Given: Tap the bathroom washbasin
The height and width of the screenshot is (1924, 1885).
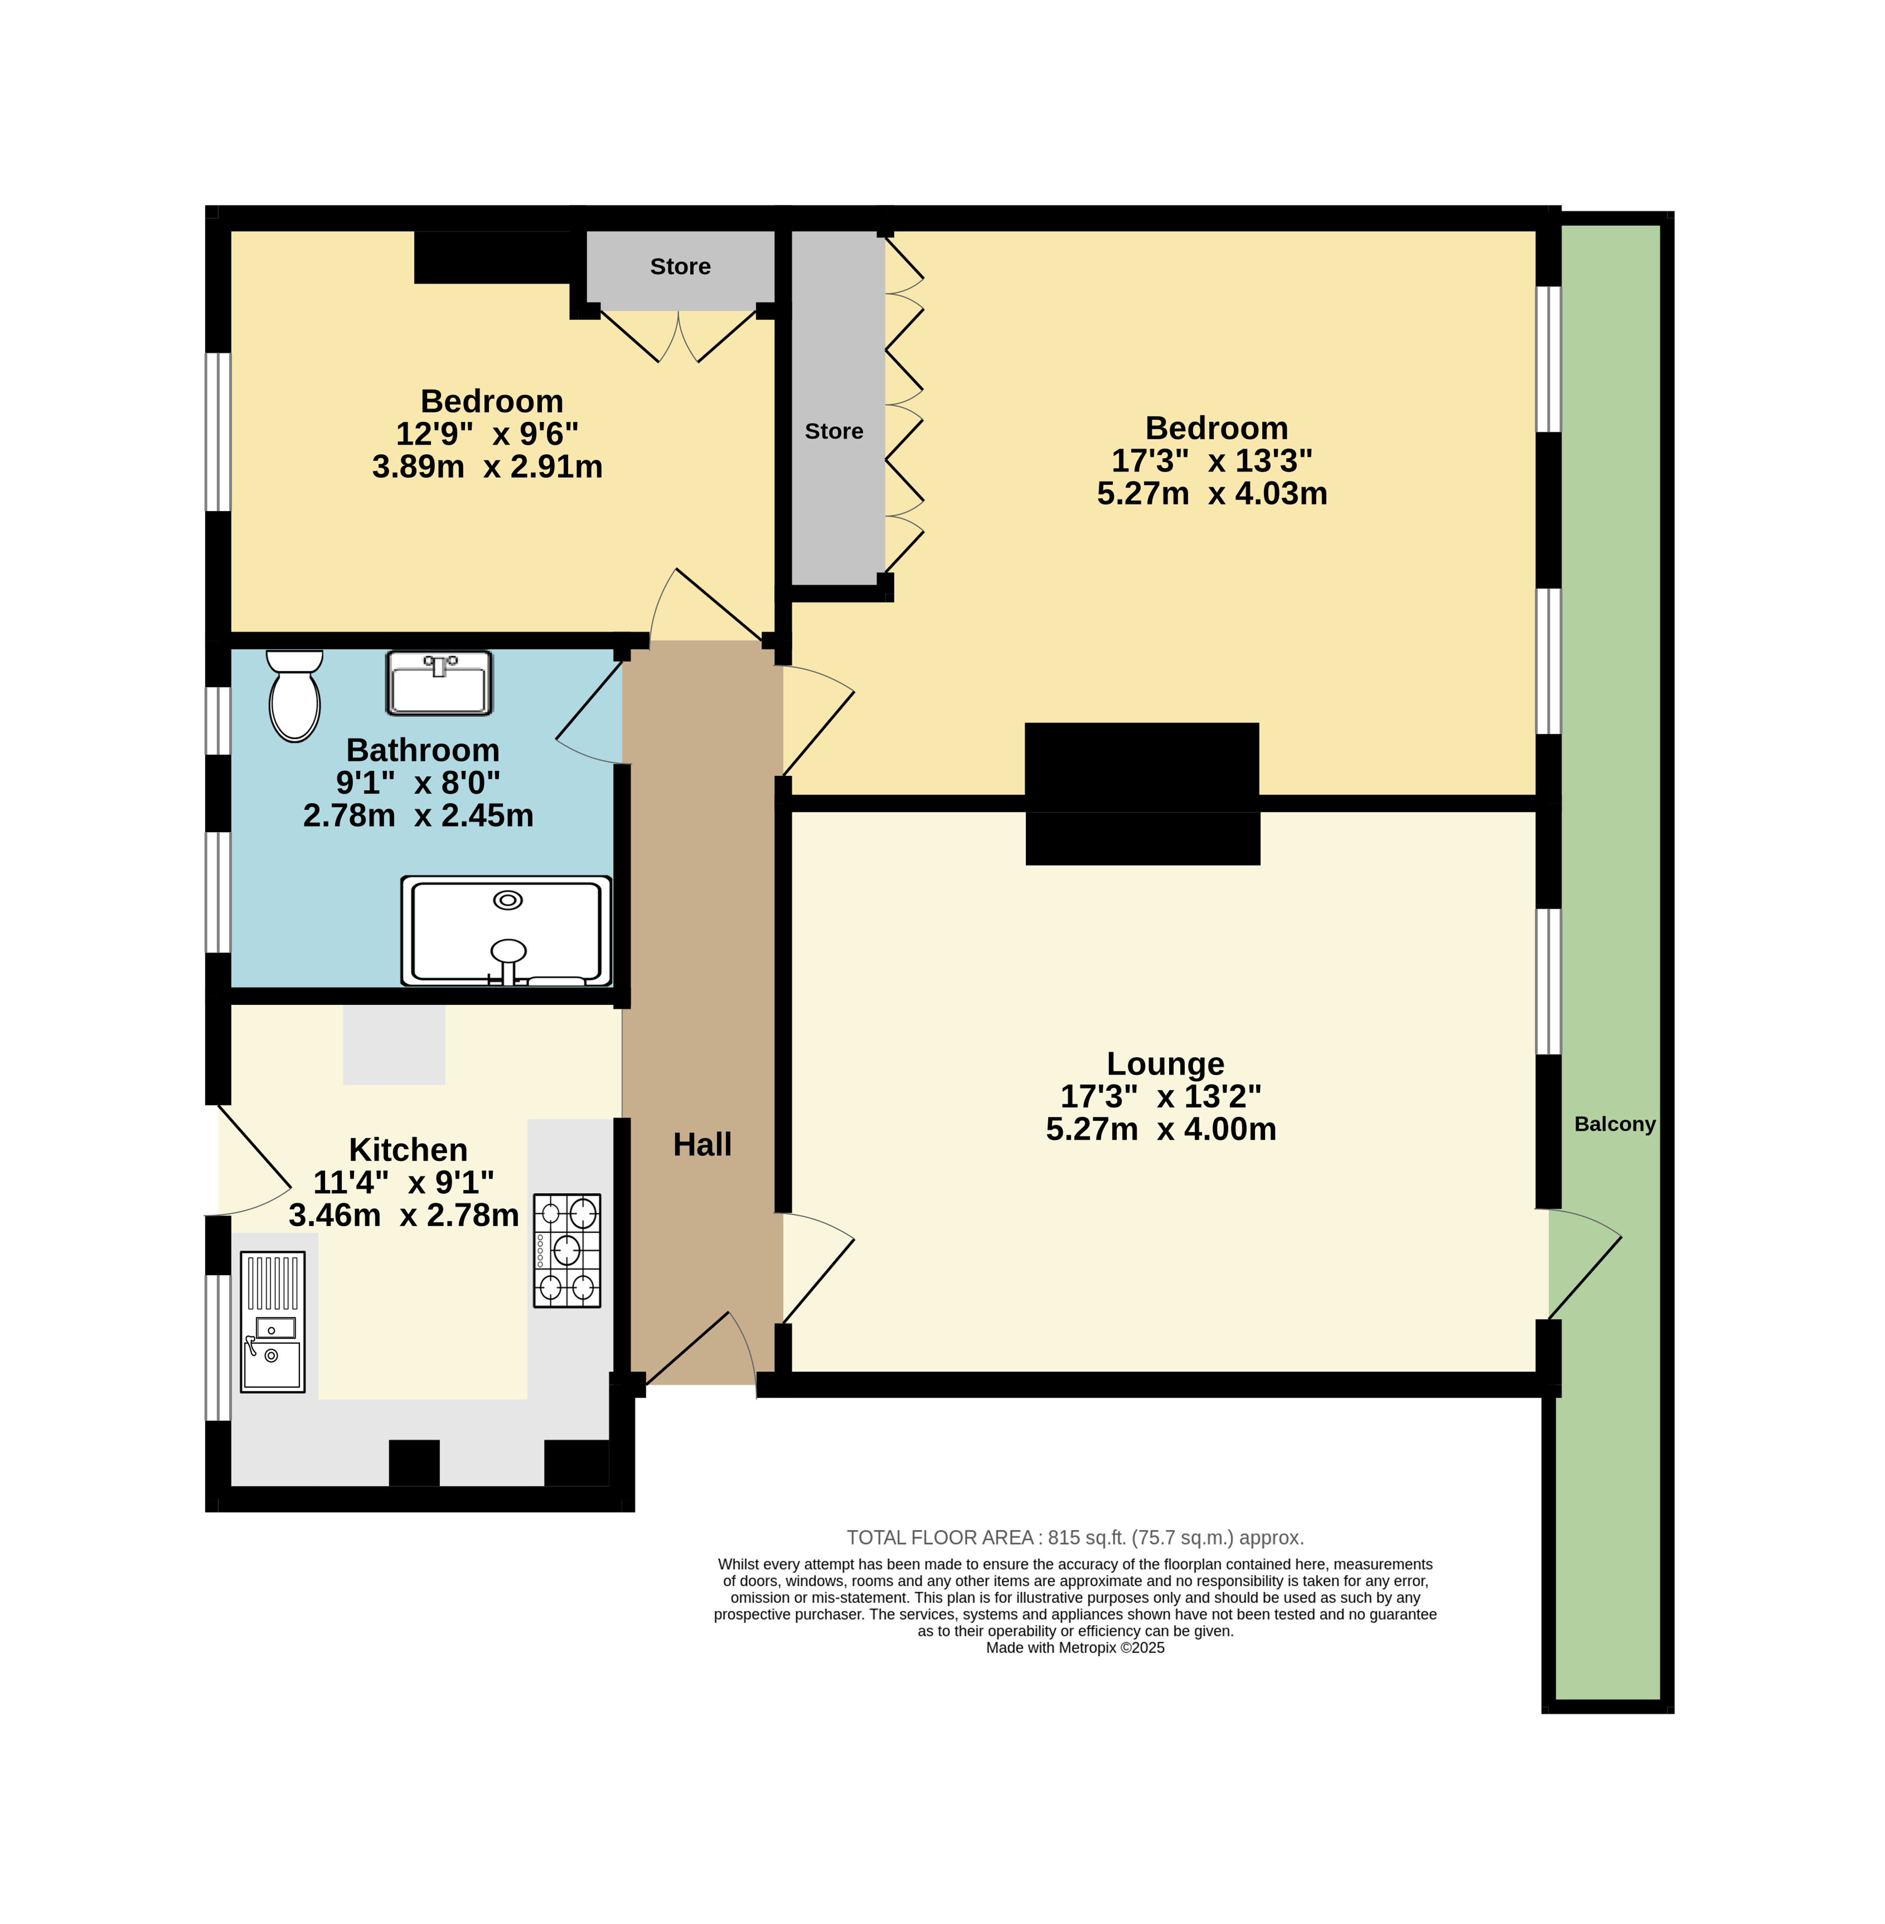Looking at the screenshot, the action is (439, 683).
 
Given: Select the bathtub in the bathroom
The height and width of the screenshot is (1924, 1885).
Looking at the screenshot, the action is (506, 930).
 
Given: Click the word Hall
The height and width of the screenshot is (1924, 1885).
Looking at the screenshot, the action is (702, 1144).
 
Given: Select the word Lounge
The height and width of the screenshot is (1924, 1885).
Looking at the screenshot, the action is (1165, 1063).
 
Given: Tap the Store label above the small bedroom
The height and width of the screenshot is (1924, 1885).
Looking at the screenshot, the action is (680, 266).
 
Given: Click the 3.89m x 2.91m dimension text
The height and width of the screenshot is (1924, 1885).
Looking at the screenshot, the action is (487, 466).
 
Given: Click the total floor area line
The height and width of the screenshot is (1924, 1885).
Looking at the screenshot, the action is (1075, 1537).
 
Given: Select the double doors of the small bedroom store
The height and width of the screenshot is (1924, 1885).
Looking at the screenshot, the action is (679, 336).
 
